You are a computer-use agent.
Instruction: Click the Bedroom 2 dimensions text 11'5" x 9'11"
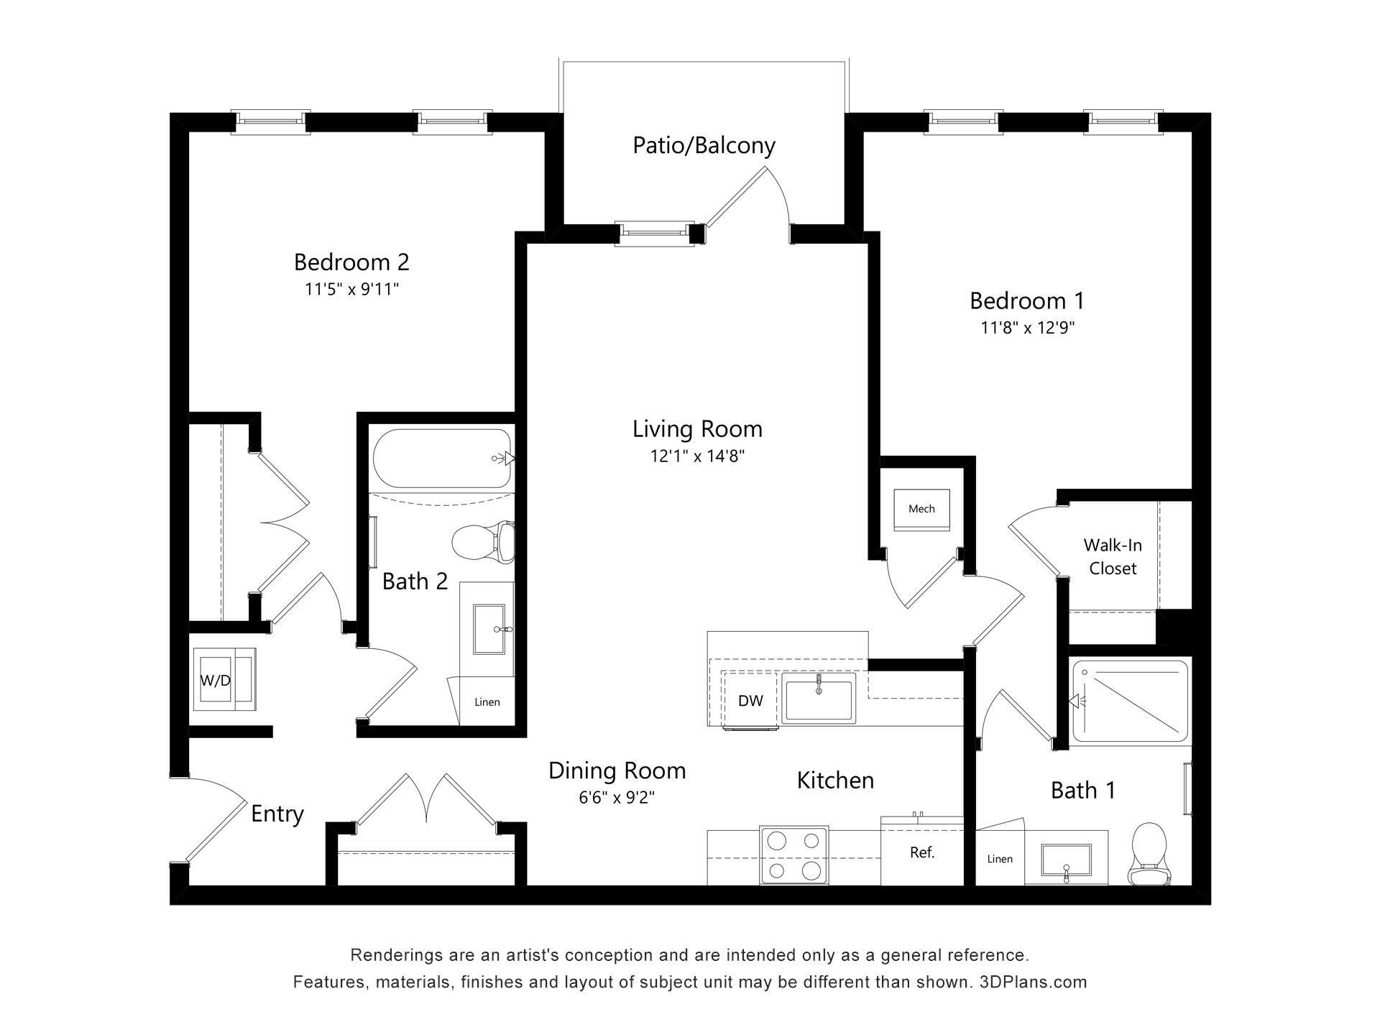click(351, 290)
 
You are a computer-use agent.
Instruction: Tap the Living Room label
click(696, 429)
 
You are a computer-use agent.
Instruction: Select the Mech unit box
click(921, 510)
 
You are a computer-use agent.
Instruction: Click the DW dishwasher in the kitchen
click(750, 701)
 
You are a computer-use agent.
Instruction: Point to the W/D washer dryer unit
click(224, 679)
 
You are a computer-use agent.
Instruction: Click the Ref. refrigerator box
click(921, 853)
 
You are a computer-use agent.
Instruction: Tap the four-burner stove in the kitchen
click(793, 855)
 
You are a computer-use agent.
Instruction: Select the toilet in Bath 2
click(484, 543)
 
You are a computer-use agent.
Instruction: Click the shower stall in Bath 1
click(1130, 701)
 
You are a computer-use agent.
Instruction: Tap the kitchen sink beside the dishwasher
click(819, 698)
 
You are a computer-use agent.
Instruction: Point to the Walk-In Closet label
click(1113, 557)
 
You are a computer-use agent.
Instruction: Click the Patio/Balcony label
click(704, 145)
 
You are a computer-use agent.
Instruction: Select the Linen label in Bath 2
click(487, 702)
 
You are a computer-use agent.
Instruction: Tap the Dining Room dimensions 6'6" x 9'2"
click(617, 798)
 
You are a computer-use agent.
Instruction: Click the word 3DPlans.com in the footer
click(1033, 982)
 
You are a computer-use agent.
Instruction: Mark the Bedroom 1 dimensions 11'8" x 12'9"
click(1027, 328)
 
